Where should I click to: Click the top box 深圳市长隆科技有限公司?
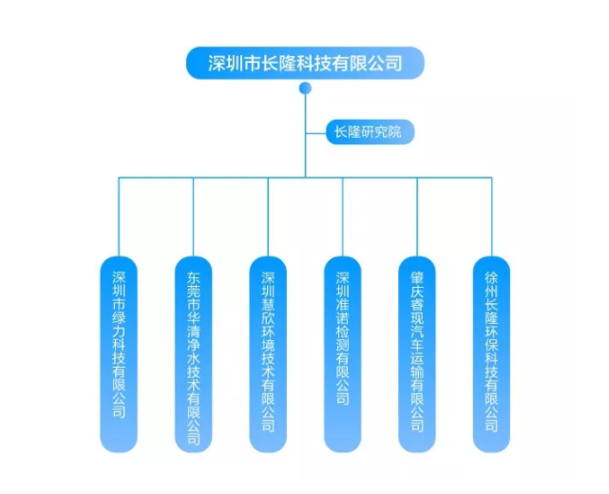pos(305,63)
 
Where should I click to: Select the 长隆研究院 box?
pos(370,132)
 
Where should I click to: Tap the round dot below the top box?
pos(305,88)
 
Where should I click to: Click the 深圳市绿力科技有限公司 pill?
pos(119,354)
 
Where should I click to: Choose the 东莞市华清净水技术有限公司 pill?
pos(194,354)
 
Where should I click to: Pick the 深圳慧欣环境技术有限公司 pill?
pos(268,354)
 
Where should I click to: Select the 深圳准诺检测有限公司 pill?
pos(343,354)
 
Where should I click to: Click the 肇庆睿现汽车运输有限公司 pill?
pos(417,354)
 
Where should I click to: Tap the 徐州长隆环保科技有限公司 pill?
pos(492,354)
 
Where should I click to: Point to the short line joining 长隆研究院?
pos(315,133)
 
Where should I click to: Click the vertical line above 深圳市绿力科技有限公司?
pos(119,218)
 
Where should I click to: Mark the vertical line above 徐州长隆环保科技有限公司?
pos(492,218)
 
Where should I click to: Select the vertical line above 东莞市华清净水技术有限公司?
pos(194,218)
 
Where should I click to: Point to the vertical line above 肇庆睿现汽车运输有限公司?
pos(417,218)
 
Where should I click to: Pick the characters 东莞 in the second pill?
pos(194,285)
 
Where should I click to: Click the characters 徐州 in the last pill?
pos(492,285)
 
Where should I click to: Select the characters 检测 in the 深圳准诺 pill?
pos(343,338)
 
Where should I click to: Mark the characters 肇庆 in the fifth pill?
pos(417,285)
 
